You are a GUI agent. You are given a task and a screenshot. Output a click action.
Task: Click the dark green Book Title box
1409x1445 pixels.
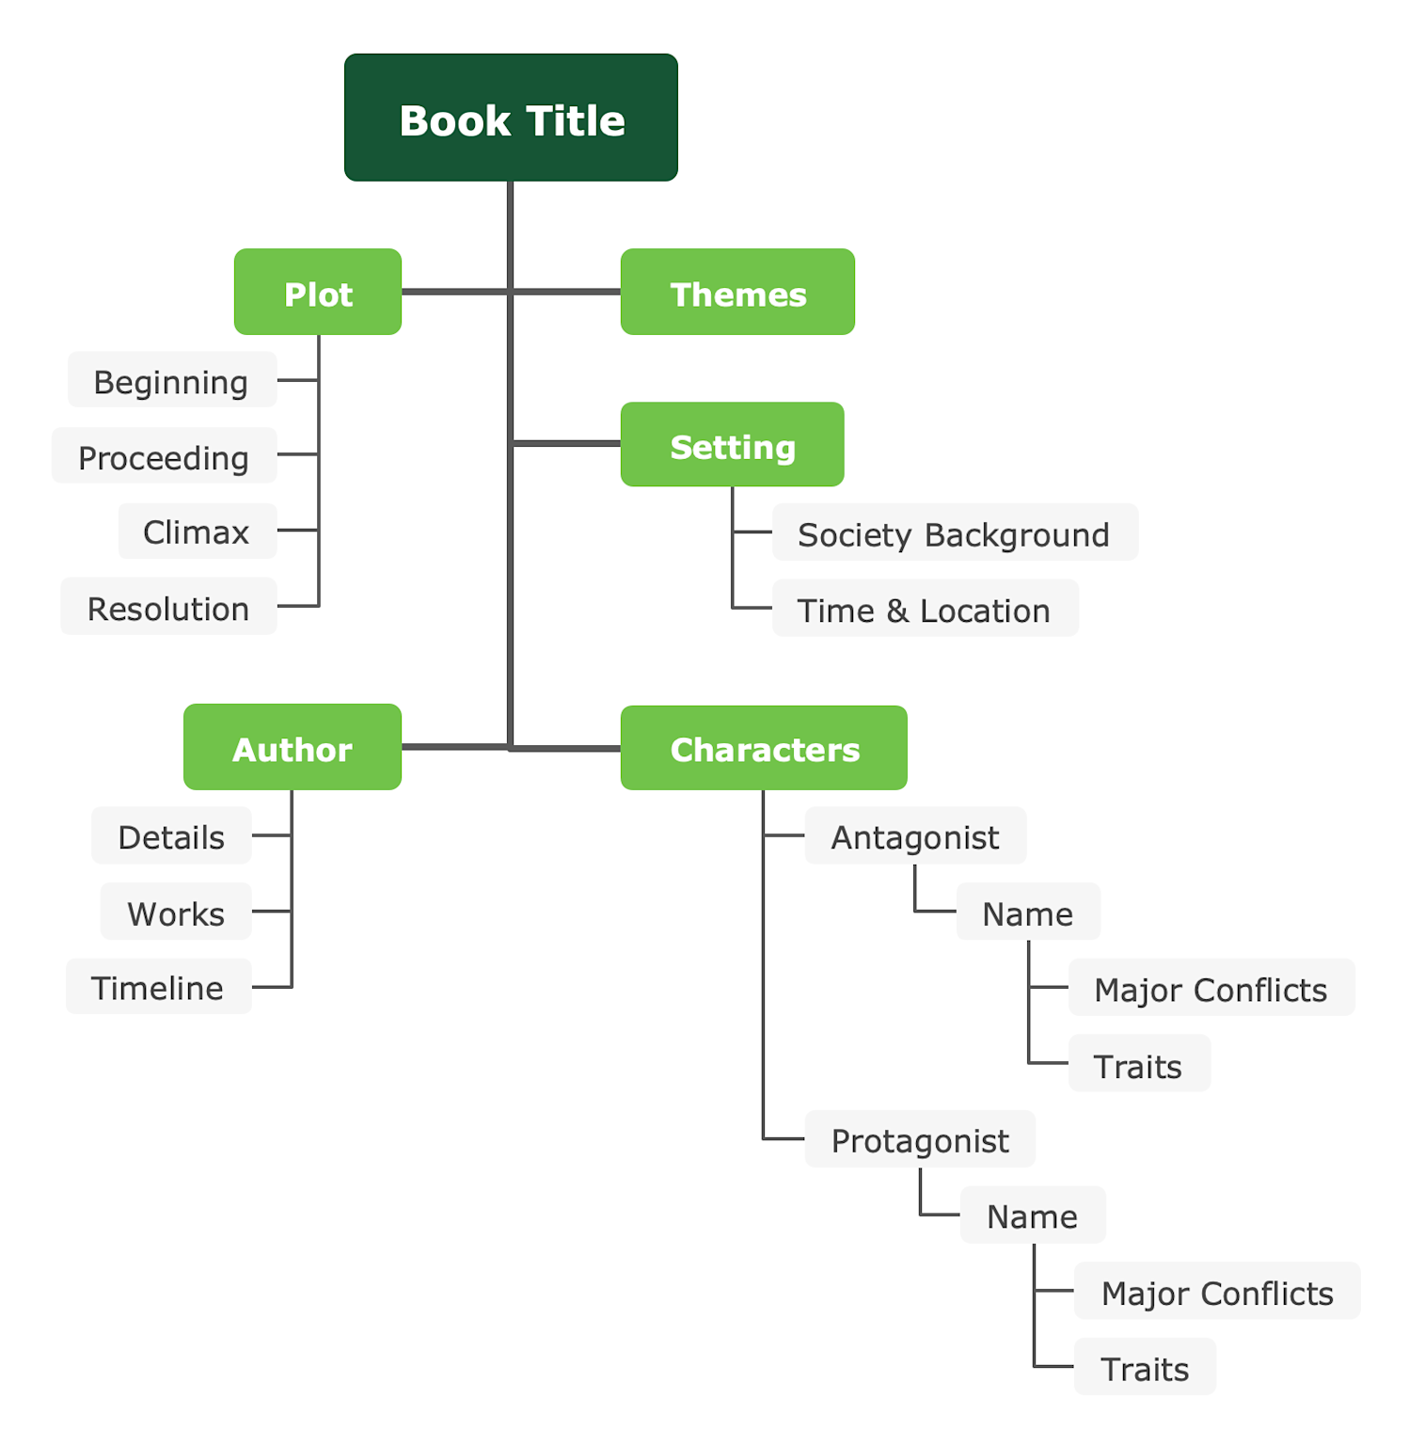[511, 118]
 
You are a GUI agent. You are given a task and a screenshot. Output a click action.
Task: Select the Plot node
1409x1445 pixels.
[318, 293]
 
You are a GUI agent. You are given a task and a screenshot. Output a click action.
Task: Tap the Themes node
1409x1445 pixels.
[737, 293]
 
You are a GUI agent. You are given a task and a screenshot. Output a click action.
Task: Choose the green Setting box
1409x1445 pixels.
[732, 445]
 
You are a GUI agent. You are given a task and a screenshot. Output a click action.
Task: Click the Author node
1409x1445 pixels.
[293, 748]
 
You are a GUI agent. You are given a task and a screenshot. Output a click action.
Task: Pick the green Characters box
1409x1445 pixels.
[764, 749]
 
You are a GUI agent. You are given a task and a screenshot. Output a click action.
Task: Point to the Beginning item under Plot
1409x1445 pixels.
[172, 381]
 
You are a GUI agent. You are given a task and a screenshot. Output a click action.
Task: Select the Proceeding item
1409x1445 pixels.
[165, 456]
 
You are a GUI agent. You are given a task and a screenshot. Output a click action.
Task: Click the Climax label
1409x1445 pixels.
[198, 532]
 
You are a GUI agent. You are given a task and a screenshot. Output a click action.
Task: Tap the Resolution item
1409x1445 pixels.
[169, 608]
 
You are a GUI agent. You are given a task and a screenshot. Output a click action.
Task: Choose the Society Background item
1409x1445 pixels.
[954, 533]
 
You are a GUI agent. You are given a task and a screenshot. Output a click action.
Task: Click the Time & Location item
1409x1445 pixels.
[925, 610]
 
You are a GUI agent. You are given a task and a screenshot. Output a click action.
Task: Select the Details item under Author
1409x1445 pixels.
[171, 836]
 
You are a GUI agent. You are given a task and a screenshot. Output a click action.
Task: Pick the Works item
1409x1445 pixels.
[176, 913]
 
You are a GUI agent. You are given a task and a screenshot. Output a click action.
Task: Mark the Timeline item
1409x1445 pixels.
[158, 988]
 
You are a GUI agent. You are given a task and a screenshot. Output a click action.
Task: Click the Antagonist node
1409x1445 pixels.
[915, 836]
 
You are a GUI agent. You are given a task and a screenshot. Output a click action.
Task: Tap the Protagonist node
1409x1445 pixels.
[920, 1140]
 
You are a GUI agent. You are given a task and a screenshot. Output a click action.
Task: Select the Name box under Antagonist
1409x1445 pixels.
[1028, 913]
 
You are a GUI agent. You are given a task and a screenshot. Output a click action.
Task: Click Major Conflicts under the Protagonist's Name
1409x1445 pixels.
[1217, 1293]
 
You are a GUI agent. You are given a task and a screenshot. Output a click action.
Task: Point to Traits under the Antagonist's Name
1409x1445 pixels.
[1138, 1065]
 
